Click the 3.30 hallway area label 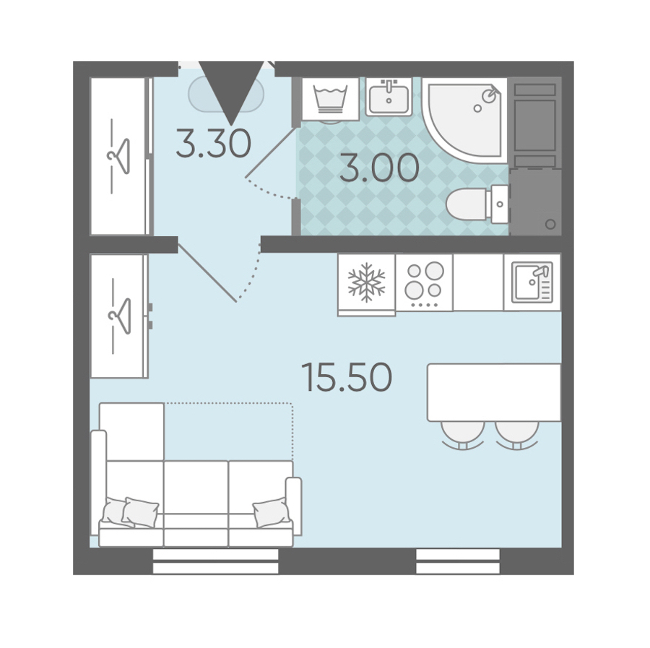(214, 143)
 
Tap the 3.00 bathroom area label (379, 168)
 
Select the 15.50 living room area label (347, 377)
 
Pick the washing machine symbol (330, 99)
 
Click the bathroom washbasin (389, 97)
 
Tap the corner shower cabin (464, 120)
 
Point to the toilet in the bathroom (477, 204)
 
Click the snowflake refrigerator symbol (366, 282)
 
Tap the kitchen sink (532, 282)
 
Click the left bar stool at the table (463, 435)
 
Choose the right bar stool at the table (517, 435)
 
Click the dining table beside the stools (494, 392)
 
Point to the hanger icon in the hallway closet (119, 156)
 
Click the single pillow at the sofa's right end (271, 512)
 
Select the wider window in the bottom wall (215, 561)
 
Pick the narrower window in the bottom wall (458, 561)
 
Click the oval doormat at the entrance (226, 95)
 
